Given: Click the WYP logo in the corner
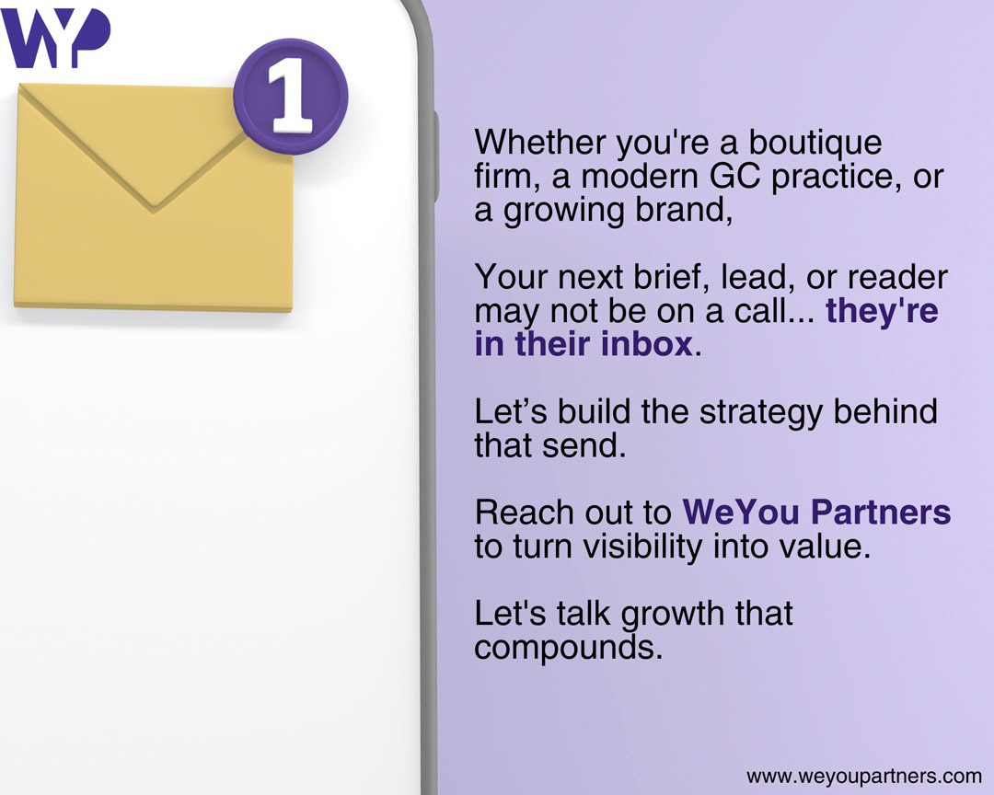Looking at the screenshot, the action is (x=56, y=38).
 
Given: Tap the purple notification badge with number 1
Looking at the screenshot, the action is (x=291, y=97).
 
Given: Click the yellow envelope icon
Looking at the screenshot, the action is (x=154, y=197).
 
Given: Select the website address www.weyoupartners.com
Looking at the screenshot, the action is (x=864, y=777).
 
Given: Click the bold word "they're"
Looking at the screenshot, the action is (x=882, y=310).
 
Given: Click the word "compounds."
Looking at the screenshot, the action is (x=569, y=649).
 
